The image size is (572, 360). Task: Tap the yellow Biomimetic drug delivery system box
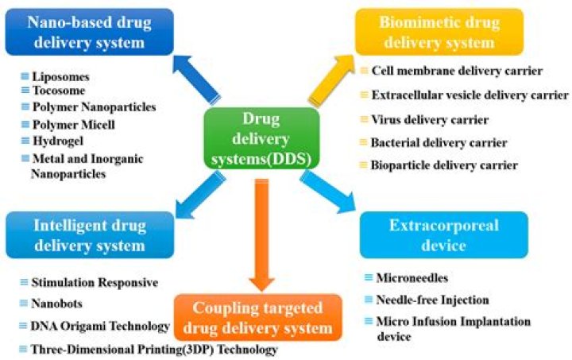click(x=439, y=32)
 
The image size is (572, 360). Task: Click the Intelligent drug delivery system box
click(x=89, y=235)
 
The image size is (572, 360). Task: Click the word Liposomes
click(x=61, y=78)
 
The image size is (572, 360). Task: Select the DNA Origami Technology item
click(x=100, y=326)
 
